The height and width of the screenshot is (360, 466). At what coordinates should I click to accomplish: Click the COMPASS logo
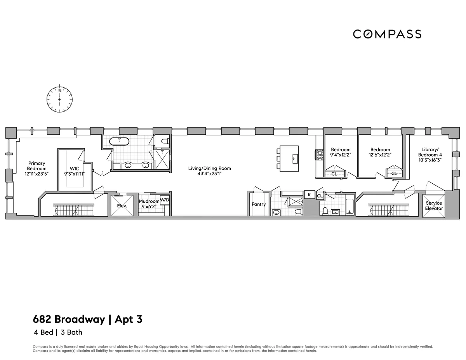pos(387,34)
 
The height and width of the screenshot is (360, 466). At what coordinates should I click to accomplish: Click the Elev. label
pos(122,206)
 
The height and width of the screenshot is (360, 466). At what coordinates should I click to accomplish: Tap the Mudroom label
pos(149,202)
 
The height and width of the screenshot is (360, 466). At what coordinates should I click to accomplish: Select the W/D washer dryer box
pos(165,200)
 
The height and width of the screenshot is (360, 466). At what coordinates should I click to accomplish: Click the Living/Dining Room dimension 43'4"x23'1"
pos(209,174)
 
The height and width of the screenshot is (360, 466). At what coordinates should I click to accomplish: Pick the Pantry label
pos(258,204)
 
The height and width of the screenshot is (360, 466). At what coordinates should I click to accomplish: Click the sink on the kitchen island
pos(294,157)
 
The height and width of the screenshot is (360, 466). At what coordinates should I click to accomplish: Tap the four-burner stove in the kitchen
pos(320,155)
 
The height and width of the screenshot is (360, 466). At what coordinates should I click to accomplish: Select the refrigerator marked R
pos(309,195)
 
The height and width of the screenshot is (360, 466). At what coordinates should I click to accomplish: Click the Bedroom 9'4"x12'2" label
pos(341,152)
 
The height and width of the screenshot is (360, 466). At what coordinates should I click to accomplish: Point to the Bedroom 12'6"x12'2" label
pos(380,152)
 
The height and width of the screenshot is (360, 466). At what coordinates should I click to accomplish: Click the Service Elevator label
pos(433,206)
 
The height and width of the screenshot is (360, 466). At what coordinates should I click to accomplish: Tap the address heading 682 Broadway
pos(69,320)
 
